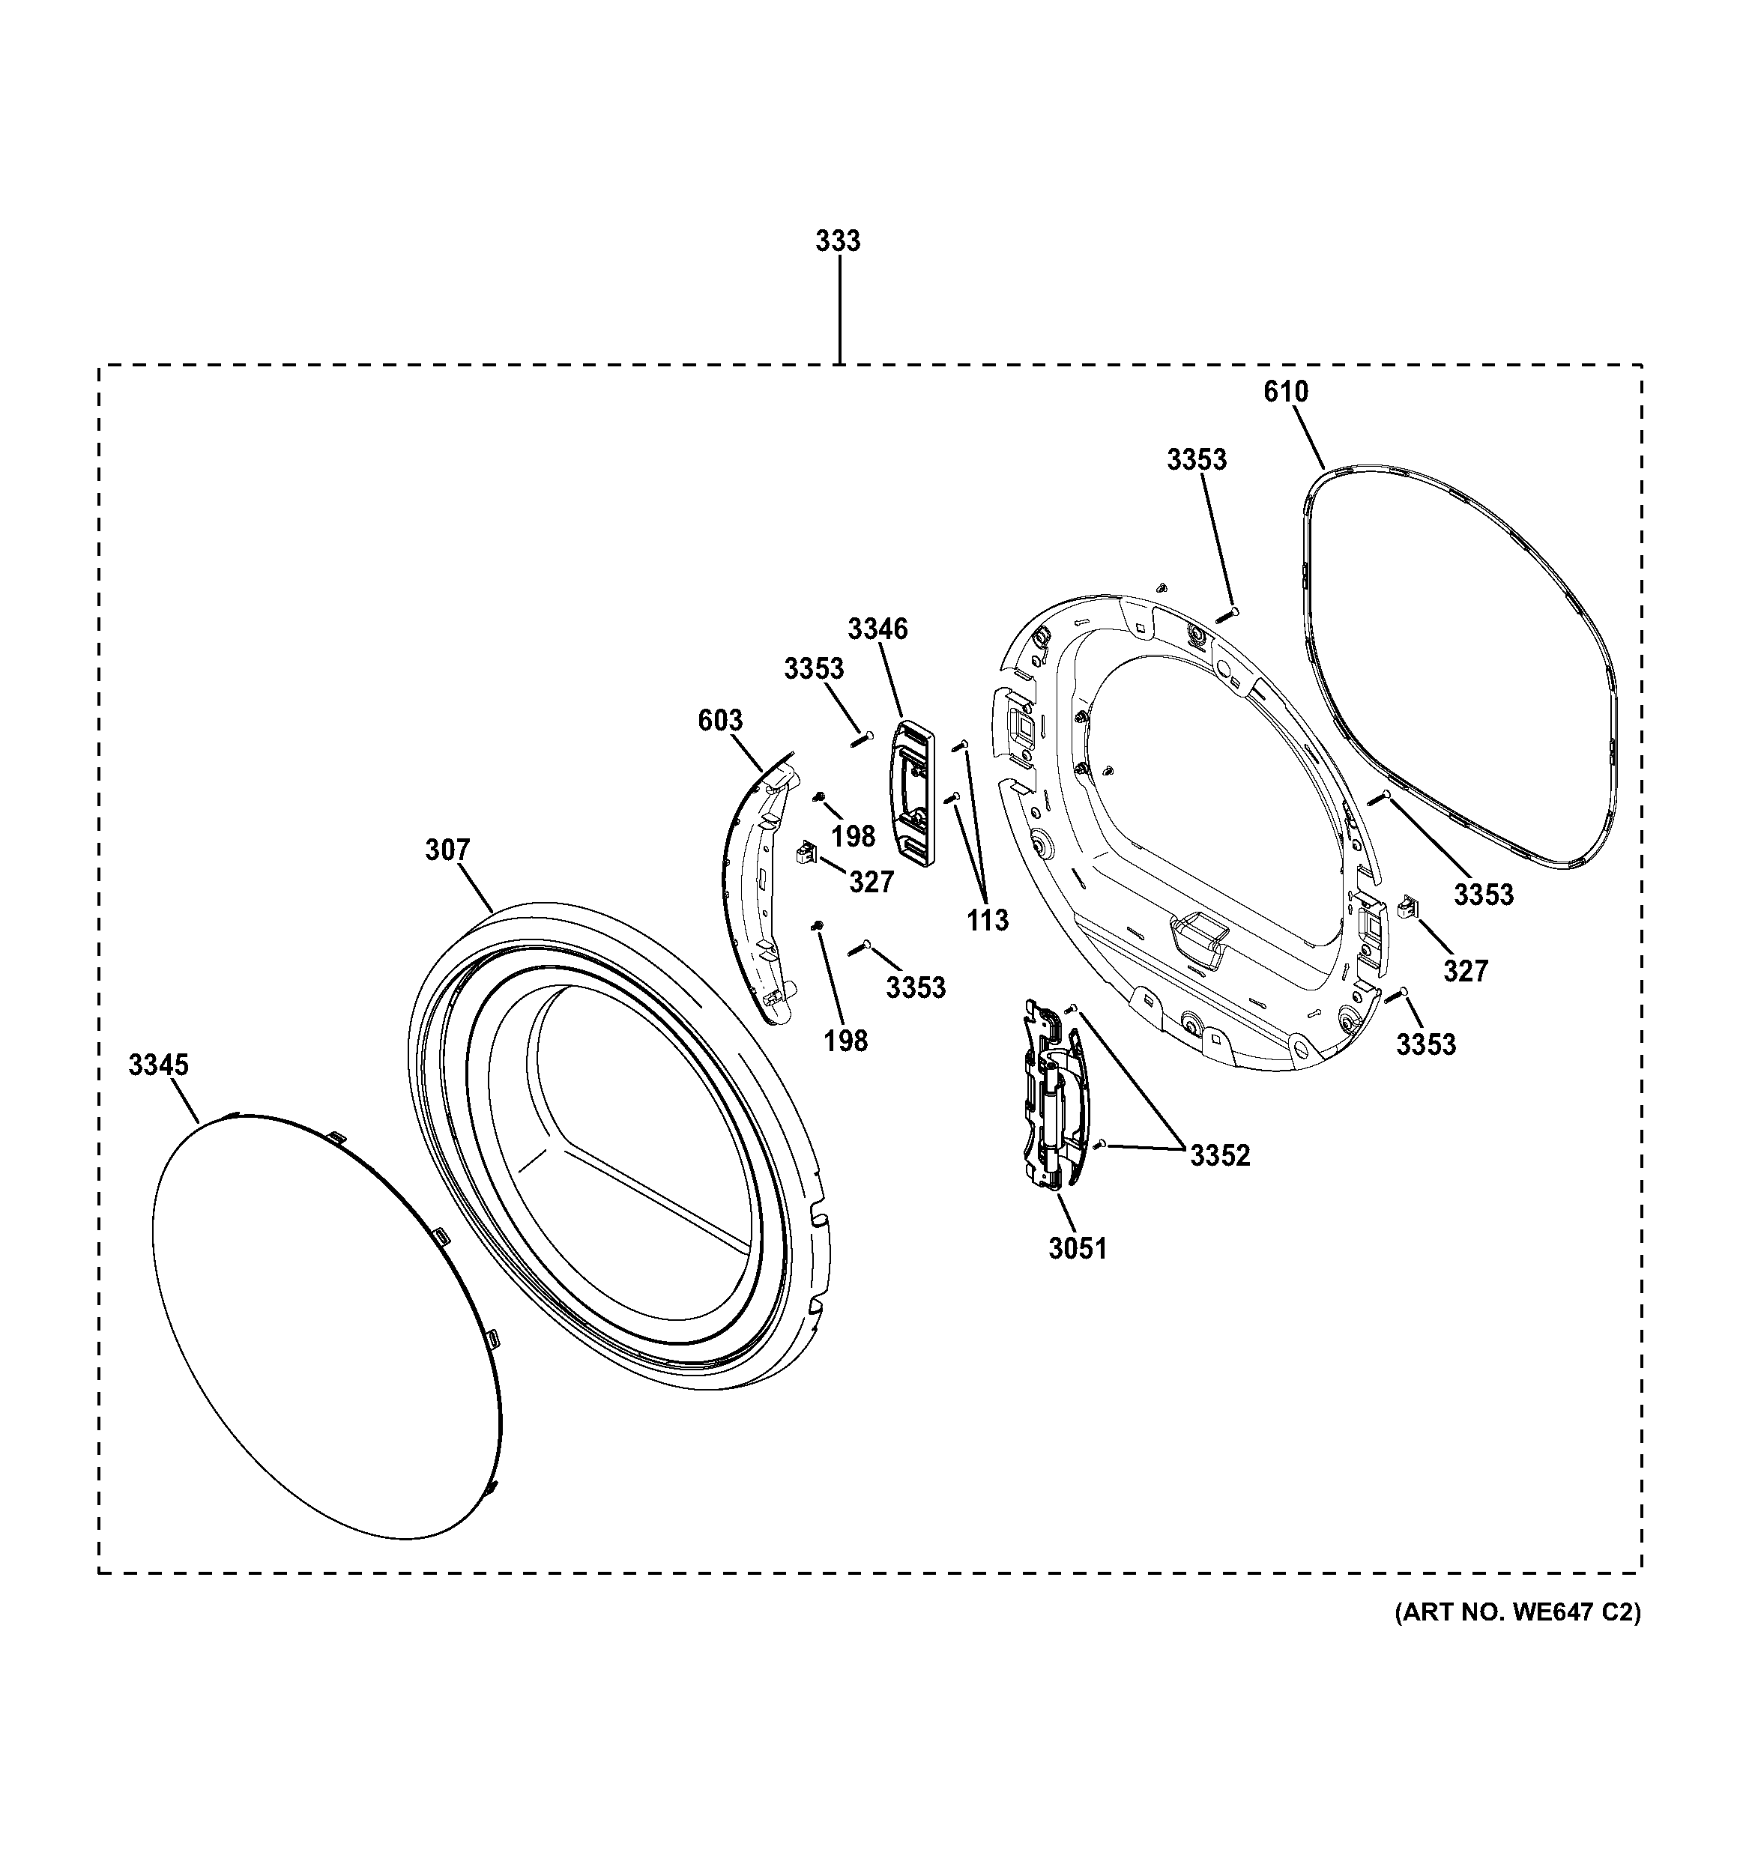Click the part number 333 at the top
pyautogui.click(x=837, y=240)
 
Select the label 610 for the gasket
pyautogui.click(x=1285, y=392)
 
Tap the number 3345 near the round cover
pyautogui.click(x=159, y=1065)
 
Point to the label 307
pyautogui.click(x=448, y=850)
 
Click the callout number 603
pyautogui.click(x=720, y=721)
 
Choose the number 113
pyautogui.click(x=987, y=921)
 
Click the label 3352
pyautogui.click(x=1219, y=1155)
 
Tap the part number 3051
pyautogui.click(x=1077, y=1248)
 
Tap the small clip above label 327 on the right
pyautogui.click(x=1407, y=905)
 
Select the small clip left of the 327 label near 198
pyautogui.click(x=804, y=852)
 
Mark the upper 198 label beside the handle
pyautogui.click(x=853, y=836)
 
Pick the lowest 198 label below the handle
pyautogui.click(x=845, y=1041)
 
